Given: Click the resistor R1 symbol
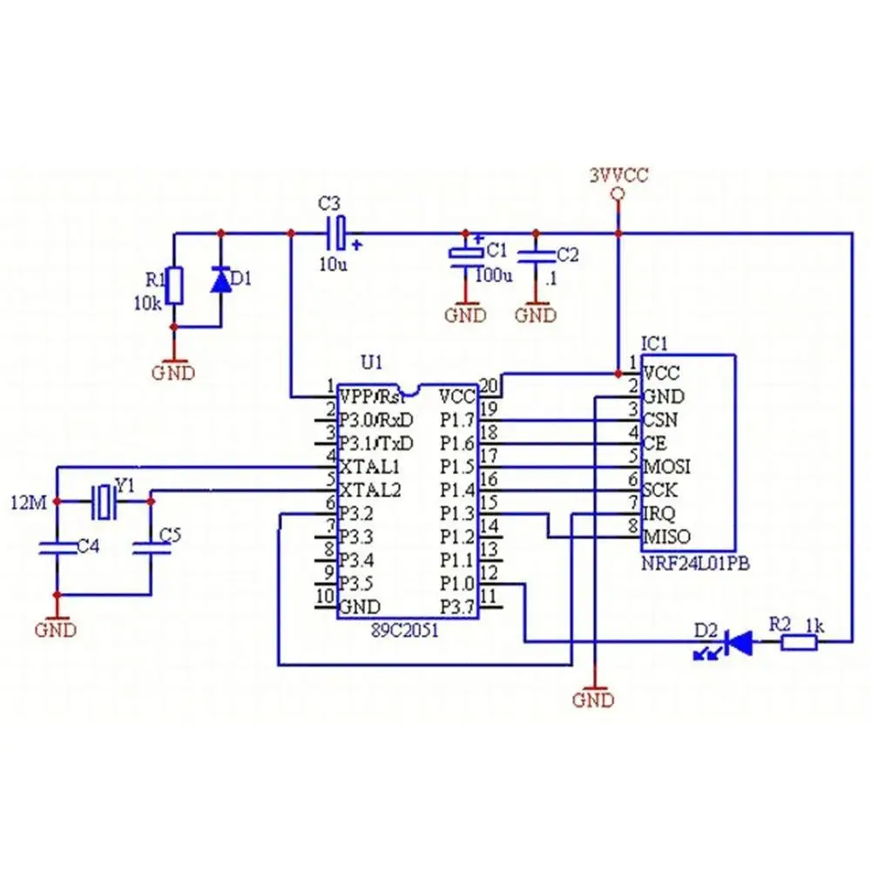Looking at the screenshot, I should [x=175, y=286].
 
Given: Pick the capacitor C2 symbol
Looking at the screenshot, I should [x=536, y=256].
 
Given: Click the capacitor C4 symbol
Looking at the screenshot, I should [x=57, y=548].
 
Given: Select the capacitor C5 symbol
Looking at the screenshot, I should [x=150, y=548].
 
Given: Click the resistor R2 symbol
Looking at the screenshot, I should [x=799, y=644].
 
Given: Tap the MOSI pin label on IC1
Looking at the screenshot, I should [x=667, y=466].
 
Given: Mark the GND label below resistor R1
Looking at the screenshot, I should [x=174, y=373].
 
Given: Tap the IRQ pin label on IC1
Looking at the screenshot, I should [x=658, y=513].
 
